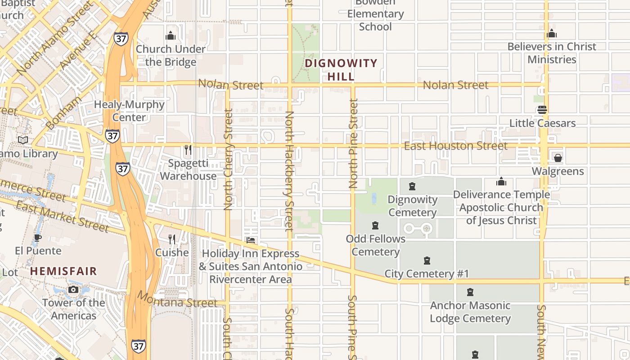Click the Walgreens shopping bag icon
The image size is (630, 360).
[558, 158]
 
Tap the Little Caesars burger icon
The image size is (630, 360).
[542, 110]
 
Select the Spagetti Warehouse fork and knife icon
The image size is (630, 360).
[188, 149]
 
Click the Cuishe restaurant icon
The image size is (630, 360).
[172, 239]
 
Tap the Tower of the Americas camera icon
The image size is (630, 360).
[73, 289]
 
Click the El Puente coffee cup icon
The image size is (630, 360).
[38, 237]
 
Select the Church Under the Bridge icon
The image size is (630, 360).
[171, 36]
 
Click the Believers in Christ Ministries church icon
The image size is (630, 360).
[552, 33]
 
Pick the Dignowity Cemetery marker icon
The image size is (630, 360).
[412, 186]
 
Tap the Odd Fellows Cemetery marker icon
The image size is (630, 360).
[375, 225]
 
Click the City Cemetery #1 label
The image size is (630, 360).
[427, 274]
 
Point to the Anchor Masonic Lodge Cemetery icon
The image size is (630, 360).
[470, 292]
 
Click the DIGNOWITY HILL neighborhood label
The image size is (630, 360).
[341, 70]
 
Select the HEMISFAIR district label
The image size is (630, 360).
[63, 271]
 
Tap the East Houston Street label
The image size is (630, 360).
[455, 146]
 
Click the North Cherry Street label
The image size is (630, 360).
[228, 160]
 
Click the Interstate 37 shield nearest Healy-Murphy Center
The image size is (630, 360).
[112, 135]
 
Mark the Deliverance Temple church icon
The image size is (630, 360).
[501, 181]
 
